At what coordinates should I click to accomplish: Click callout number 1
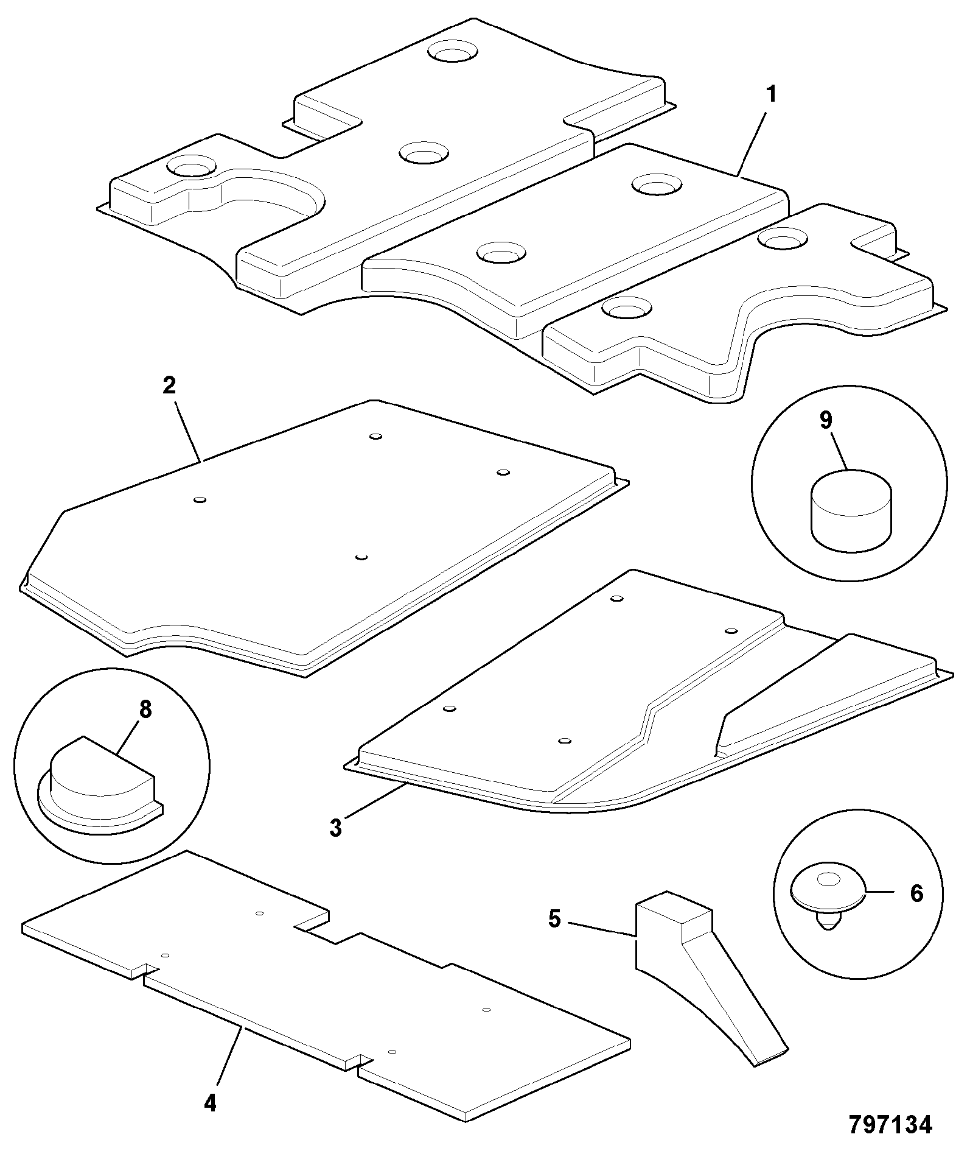tap(771, 95)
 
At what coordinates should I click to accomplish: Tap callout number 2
tap(169, 385)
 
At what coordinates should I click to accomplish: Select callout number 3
tap(336, 828)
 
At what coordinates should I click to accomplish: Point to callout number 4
tap(211, 1103)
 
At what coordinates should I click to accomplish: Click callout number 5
tap(554, 919)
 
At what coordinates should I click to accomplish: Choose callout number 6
tap(916, 893)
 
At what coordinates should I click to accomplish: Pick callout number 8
tap(145, 709)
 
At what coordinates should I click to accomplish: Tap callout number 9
tap(826, 420)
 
